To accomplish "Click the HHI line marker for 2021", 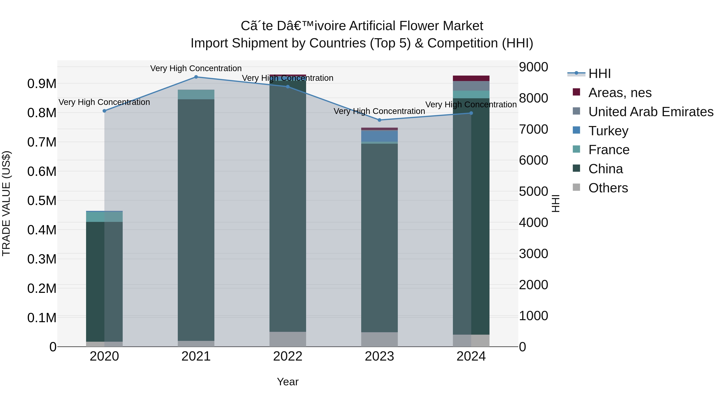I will click(x=196, y=77).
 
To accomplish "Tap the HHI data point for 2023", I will click(x=379, y=120).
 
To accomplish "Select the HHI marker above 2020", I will click(x=104, y=111).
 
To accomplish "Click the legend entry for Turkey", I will click(x=608, y=131).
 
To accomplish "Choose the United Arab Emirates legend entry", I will click(x=651, y=112).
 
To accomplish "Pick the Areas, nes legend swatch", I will click(x=576, y=92).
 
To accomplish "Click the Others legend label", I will click(x=608, y=188).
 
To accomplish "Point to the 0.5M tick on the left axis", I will click(x=42, y=201).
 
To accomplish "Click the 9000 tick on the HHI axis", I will click(x=533, y=67).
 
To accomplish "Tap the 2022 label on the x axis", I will click(x=288, y=356).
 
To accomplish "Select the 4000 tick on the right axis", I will click(x=533, y=222).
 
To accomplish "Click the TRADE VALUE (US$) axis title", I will click(x=6, y=203).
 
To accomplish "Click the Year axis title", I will click(x=288, y=382).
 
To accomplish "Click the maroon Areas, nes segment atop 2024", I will click(x=471, y=78).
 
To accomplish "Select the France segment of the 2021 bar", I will click(x=196, y=94).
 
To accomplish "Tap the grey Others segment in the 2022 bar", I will click(x=288, y=339).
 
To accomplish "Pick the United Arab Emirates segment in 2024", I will click(x=471, y=86).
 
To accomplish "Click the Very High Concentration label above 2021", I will click(x=196, y=68).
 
